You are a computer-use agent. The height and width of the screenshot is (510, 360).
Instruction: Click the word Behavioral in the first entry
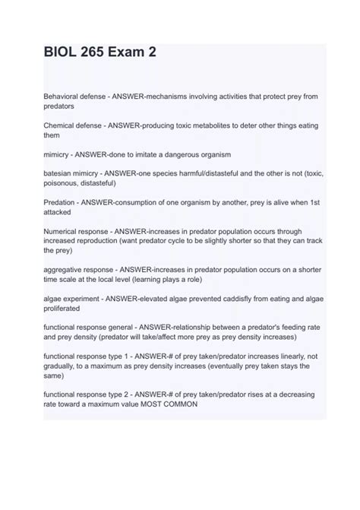tap(64, 97)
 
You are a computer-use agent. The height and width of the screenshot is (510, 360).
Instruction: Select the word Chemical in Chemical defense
tap(62, 124)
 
